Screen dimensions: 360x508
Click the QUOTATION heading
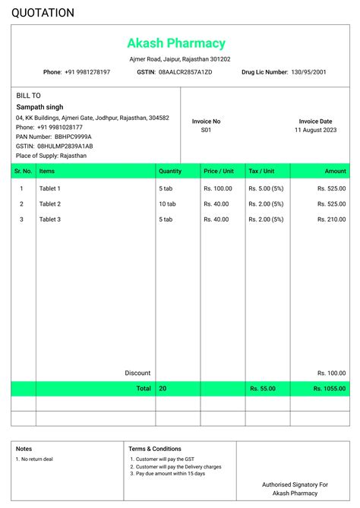pos(43,13)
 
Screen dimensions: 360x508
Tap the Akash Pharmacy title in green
pos(176,43)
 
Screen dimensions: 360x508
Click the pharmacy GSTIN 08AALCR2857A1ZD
pos(185,72)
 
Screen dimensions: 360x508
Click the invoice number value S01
pos(206,131)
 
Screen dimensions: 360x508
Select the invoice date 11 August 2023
pos(315,131)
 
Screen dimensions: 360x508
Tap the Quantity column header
pos(170,172)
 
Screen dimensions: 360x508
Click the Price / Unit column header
pos(219,172)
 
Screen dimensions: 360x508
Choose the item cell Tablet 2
pos(50,204)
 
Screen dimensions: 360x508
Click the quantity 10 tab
pos(167,204)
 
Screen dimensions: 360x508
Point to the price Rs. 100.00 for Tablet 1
pos(218,188)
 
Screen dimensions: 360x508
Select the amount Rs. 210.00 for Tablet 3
pos(331,219)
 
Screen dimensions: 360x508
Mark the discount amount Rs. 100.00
pos(331,374)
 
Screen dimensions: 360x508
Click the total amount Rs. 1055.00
pos(330,389)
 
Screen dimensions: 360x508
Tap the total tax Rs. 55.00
pos(263,389)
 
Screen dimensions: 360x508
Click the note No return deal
pos(36,459)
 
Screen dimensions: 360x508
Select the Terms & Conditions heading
pos(155,449)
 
